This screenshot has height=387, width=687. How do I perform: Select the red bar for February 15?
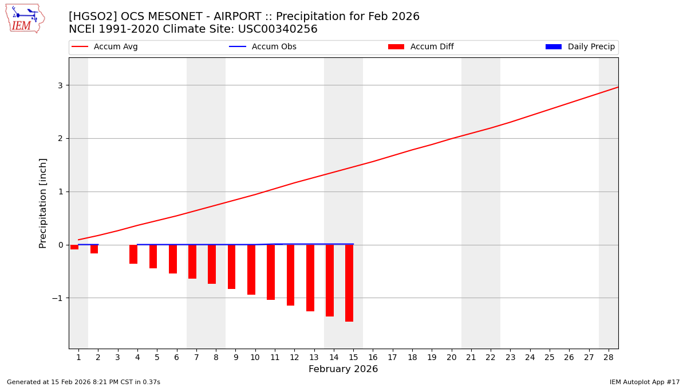coord(349,283)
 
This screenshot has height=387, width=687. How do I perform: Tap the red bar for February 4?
coord(133,254)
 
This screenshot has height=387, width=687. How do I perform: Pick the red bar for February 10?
coord(251,269)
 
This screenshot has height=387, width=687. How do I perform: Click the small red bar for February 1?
coord(74,247)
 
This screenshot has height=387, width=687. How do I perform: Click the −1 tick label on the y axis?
coord(57,298)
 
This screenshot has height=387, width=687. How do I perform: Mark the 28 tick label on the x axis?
coord(609,357)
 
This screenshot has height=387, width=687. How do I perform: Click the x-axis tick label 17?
coord(392,357)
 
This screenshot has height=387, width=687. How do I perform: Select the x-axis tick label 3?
coord(117,357)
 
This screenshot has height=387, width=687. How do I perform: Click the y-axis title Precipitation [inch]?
coord(43,203)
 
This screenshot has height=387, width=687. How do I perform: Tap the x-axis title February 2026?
coord(343,369)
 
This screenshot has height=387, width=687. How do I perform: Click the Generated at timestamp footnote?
coord(84,382)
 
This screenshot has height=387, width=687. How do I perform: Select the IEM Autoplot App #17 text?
coord(644,382)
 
